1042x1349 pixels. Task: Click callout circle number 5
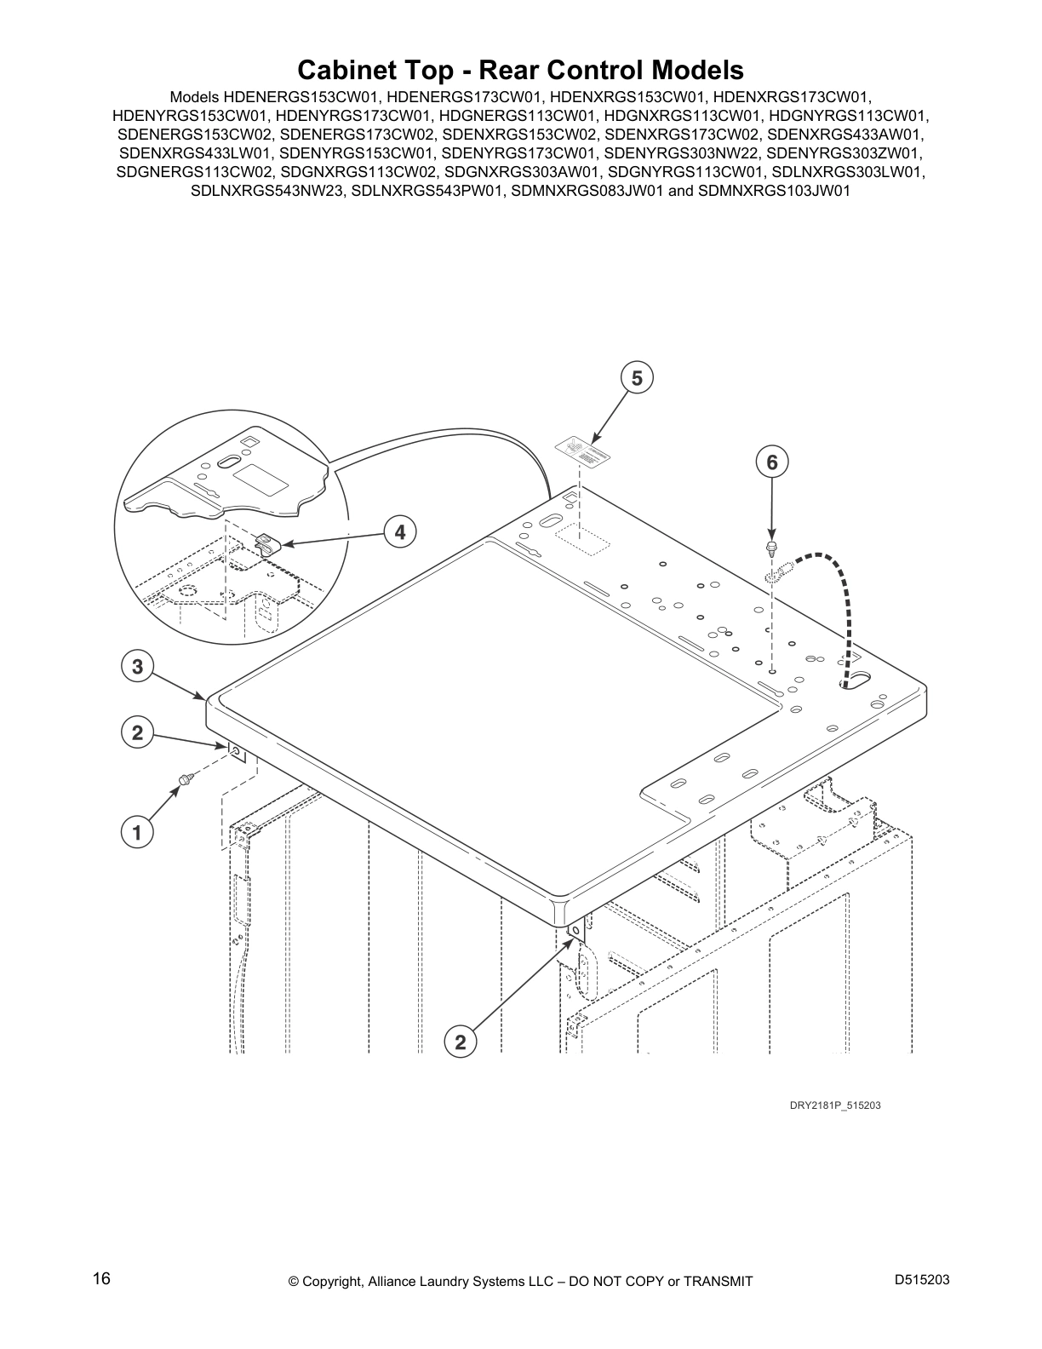[x=637, y=377]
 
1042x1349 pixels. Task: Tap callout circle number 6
[x=771, y=462]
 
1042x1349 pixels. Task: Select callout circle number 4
[x=399, y=532]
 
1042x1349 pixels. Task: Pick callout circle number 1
[x=137, y=831]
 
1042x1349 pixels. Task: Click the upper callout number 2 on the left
[x=137, y=732]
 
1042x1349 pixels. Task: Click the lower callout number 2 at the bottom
[x=461, y=1041]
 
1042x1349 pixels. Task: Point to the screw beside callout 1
[x=186, y=778]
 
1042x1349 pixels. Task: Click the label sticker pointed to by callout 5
[x=583, y=451]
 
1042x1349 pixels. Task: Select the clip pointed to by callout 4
[x=268, y=543]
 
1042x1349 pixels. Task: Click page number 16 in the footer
[x=101, y=1279]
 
